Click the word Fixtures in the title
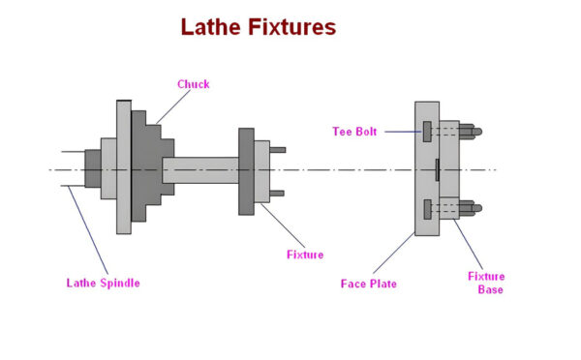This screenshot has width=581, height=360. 288,27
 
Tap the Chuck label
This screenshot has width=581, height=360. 193,84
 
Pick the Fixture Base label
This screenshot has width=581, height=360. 486,283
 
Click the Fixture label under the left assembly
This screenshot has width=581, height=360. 304,255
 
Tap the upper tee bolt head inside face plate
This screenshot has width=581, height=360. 426,130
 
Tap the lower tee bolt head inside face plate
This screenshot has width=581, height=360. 426,208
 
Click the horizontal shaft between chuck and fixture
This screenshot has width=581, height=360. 199,170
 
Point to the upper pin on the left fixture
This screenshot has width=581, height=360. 278,149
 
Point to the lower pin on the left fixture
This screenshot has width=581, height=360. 278,194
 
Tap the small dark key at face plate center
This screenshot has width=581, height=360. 438,169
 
